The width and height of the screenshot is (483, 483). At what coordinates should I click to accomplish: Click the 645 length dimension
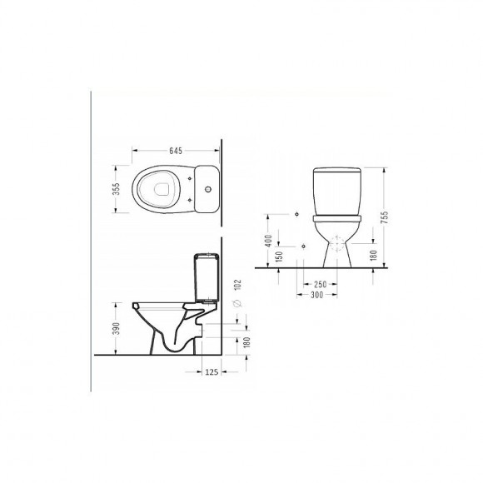(x=176, y=151)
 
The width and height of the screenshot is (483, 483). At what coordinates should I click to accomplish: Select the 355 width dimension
(x=116, y=189)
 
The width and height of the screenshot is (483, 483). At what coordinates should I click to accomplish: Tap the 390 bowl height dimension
(x=116, y=329)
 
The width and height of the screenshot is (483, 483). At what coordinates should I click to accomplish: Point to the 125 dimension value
(x=212, y=372)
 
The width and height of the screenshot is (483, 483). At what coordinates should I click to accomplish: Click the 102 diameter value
(x=238, y=285)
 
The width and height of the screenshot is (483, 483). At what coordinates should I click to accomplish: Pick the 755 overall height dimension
(x=385, y=217)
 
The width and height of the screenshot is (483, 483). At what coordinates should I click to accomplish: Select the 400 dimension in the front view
(x=268, y=241)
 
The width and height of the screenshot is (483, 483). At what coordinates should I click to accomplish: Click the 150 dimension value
(x=279, y=256)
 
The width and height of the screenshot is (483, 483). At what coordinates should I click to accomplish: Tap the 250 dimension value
(x=320, y=284)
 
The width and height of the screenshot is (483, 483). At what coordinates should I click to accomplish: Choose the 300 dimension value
(x=316, y=295)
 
